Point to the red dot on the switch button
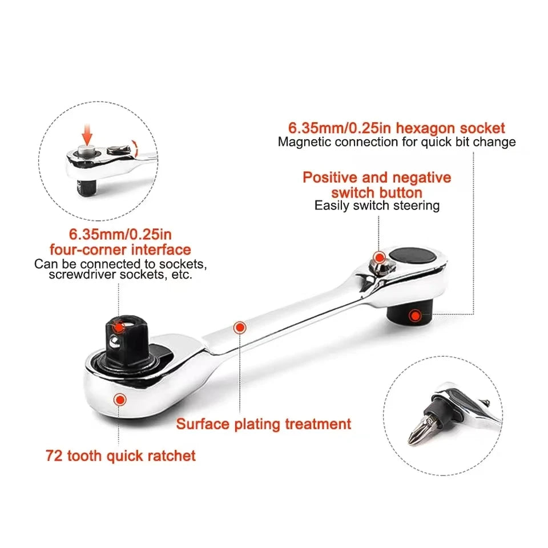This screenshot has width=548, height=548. click(x=379, y=258)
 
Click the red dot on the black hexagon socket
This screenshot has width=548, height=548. click(x=415, y=316)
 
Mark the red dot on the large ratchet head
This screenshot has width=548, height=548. click(x=120, y=400)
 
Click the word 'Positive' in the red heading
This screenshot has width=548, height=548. click(x=331, y=178)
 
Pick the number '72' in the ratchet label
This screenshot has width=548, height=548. click(x=54, y=456)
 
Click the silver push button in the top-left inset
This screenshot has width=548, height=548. click(x=87, y=151)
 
